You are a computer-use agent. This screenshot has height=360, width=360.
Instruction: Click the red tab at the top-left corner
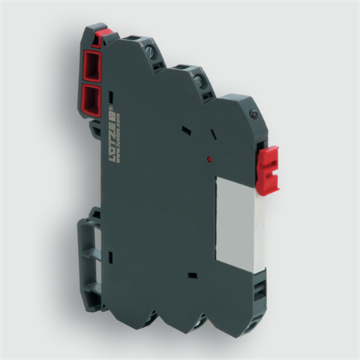(106, 33)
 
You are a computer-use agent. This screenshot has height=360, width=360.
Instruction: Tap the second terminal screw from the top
(200, 76)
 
